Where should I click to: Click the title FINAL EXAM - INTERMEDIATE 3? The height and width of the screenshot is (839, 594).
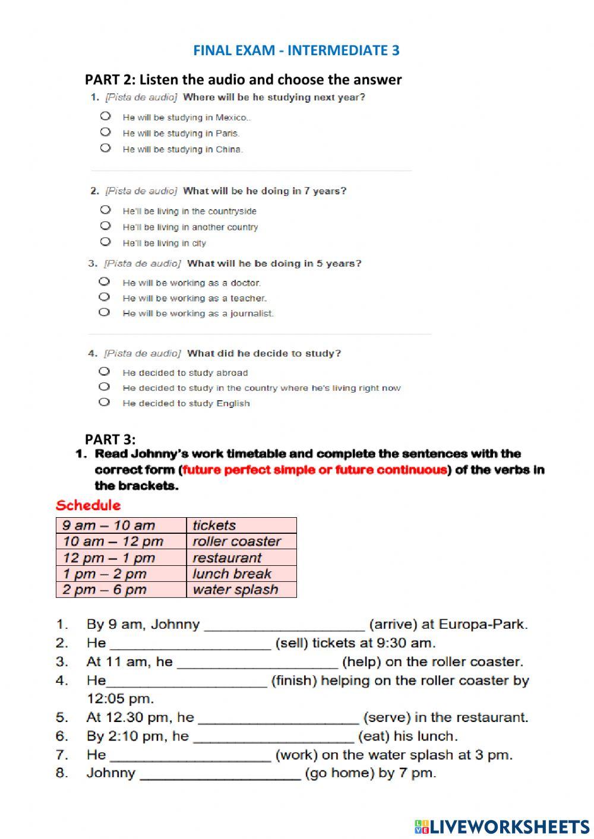tap(296, 50)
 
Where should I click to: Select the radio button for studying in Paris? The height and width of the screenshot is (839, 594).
tap(106, 132)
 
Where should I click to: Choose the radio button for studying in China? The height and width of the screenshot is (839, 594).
tap(106, 148)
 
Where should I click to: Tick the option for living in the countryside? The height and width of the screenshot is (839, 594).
tap(106, 210)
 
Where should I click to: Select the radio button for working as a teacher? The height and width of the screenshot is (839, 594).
tap(105, 297)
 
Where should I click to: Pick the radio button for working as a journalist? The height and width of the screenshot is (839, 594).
tap(105, 312)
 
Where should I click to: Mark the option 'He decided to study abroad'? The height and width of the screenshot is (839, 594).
tap(105, 372)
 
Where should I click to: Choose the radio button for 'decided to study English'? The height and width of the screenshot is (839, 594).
tap(105, 403)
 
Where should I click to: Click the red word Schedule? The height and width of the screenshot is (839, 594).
tap(88, 505)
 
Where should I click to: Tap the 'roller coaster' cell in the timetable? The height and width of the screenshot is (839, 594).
tap(241, 542)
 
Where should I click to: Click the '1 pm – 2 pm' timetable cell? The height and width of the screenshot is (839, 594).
tap(121, 574)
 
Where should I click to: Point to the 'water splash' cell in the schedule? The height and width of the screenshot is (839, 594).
tap(241, 590)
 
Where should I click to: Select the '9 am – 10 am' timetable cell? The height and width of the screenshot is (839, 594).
tap(121, 525)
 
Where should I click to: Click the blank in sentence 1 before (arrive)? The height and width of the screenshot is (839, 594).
tap(284, 626)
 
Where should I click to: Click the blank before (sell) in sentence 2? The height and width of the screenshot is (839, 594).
tap(191, 644)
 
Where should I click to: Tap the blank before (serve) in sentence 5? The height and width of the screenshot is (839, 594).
tap(278, 719)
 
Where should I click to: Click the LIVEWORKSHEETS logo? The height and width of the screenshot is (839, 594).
tap(502, 826)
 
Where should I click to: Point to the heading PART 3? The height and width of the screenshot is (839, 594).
tap(110, 439)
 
